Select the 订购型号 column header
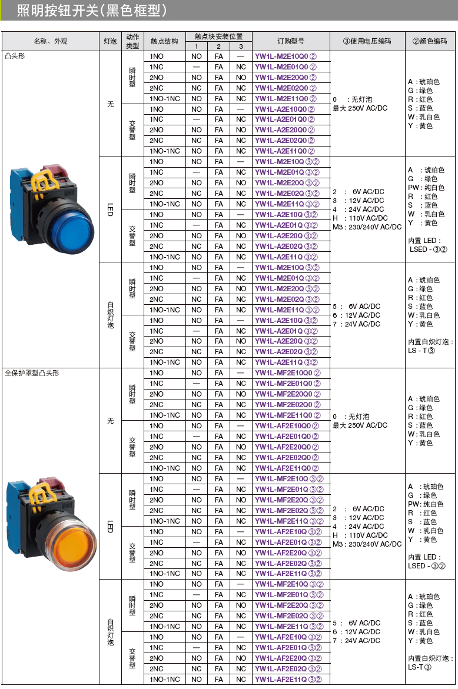(x=291, y=41)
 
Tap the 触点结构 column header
(x=164, y=41)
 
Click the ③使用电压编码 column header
(x=367, y=41)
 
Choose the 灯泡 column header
(x=110, y=41)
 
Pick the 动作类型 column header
(x=132, y=41)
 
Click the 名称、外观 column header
(x=50, y=41)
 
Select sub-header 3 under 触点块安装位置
(x=241, y=46)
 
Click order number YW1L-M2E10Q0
(x=286, y=56)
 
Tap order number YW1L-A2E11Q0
(x=286, y=151)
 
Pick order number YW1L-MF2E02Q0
(x=287, y=405)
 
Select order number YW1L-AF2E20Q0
(x=287, y=447)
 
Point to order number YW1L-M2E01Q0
(x=286, y=67)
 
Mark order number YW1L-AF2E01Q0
(x=287, y=437)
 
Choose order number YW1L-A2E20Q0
(x=286, y=130)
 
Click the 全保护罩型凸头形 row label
(x=32, y=373)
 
